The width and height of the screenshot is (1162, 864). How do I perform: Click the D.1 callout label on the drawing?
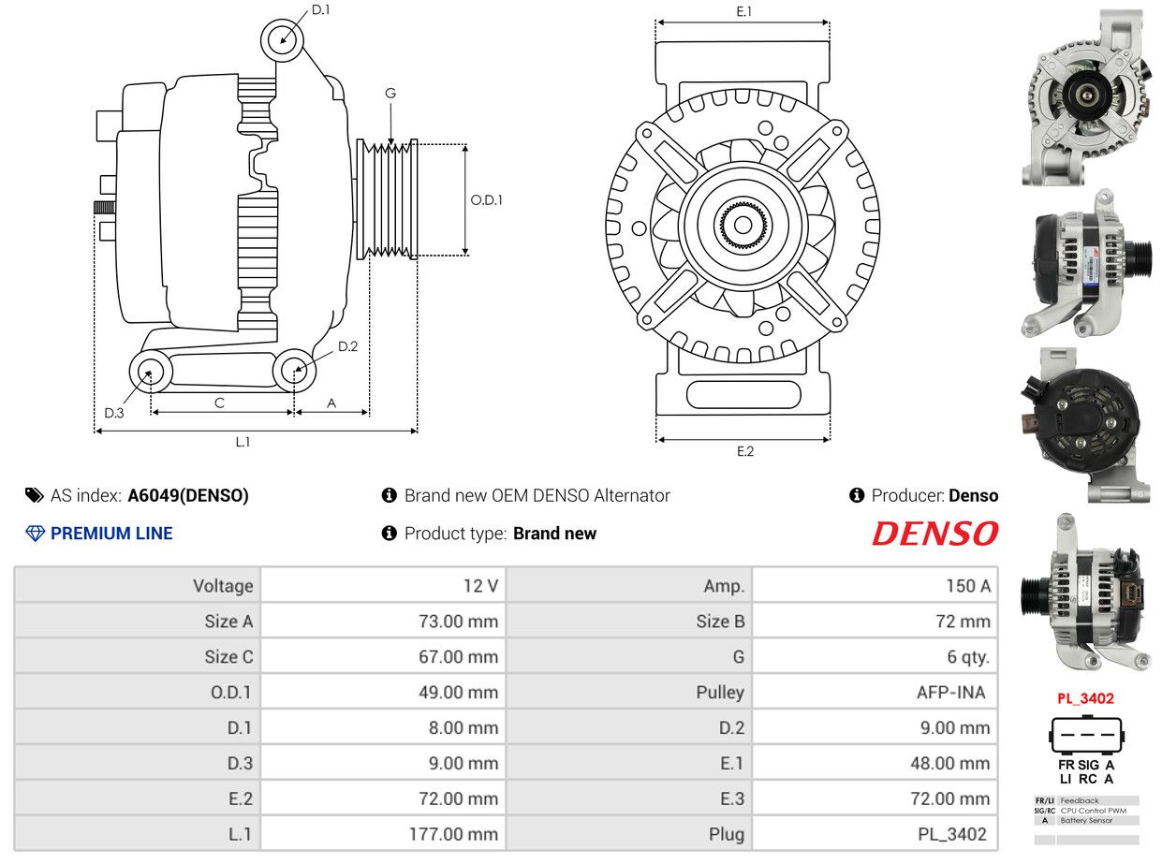click(320, 10)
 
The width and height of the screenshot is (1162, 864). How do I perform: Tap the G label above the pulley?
click(390, 94)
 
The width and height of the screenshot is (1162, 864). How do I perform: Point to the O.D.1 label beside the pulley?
click(486, 199)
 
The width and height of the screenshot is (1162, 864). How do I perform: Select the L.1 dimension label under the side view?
click(243, 442)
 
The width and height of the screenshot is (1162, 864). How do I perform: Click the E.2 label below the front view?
click(745, 451)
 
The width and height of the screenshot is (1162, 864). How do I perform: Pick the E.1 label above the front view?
click(743, 11)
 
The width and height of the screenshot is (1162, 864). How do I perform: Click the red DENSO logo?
click(934, 534)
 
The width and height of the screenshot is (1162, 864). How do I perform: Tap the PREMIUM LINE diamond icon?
click(35, 534)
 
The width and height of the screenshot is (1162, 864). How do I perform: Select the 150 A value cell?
click(875, 585)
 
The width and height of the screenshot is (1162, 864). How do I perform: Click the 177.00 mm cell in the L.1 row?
click(383, 834)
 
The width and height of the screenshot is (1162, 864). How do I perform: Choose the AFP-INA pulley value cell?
click(875, 692)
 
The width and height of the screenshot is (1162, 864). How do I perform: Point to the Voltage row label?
click(223, 585)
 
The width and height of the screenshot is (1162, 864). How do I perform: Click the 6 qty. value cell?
click(875, 656)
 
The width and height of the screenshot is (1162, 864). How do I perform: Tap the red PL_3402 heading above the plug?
click(1085, 698)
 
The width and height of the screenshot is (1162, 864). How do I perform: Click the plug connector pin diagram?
click(1086, 735)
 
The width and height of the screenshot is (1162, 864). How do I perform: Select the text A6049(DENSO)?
click(188, 496)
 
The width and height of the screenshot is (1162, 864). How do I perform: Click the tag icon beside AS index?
click(35, 495)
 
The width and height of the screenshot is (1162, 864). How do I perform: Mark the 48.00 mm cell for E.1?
click(875, 763)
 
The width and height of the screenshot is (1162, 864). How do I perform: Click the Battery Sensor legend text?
click(1086, 821)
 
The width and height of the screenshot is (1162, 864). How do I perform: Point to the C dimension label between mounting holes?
click(219, 403)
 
